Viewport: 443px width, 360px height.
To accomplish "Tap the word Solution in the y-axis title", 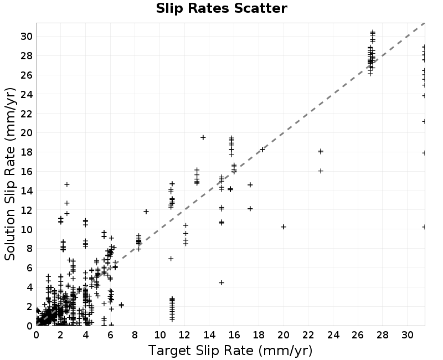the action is click(x=10, y=235).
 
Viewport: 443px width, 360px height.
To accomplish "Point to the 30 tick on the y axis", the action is click(x=26, y=37).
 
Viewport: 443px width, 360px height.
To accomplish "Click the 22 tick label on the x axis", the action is click(x=308, y=335).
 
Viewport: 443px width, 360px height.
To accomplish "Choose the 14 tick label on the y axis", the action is click(x=26, y=191).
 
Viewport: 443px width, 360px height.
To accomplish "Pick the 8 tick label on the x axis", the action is click(x=135, y=335).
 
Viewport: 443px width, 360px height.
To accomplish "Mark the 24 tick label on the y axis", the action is click(x=26, y=94).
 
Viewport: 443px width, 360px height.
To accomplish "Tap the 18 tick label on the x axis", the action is click(x=259, y=335).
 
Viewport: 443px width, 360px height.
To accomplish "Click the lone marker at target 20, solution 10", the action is click(x=284, y=227).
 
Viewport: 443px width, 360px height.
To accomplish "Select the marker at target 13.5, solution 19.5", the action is click(x=203, y=137).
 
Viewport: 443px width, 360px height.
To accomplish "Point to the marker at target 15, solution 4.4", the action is click(x=221, y=282).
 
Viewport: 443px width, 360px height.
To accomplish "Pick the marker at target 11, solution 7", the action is click(x=171, y=258).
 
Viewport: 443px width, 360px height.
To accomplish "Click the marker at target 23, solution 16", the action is click(x=321, y=171).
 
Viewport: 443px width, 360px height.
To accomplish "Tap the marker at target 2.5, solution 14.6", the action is click(x=67, y=184).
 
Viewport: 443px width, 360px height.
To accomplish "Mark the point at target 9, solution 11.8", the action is click(x=146, y=212).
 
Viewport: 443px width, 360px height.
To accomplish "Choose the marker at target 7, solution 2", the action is click(x=121, y=305).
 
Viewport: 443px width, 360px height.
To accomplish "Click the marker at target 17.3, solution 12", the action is click(x=250, y=209).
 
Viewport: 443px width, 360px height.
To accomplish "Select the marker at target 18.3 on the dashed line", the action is click(x=262, y=150).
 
